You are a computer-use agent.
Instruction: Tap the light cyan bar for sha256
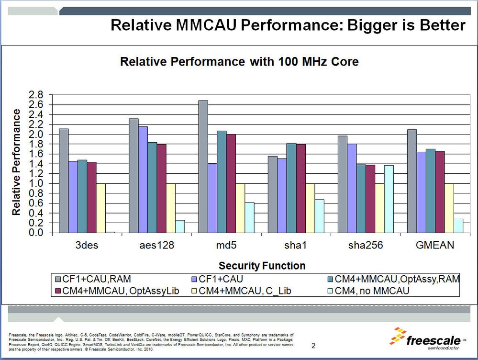389,199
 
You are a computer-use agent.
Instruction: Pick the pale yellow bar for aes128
170,208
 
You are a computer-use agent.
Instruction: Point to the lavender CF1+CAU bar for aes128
143,180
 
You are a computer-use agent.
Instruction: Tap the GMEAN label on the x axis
434,246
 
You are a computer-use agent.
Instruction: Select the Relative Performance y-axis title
16,162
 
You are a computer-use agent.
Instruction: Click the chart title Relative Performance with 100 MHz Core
239,62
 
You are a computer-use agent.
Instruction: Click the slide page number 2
313,345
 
